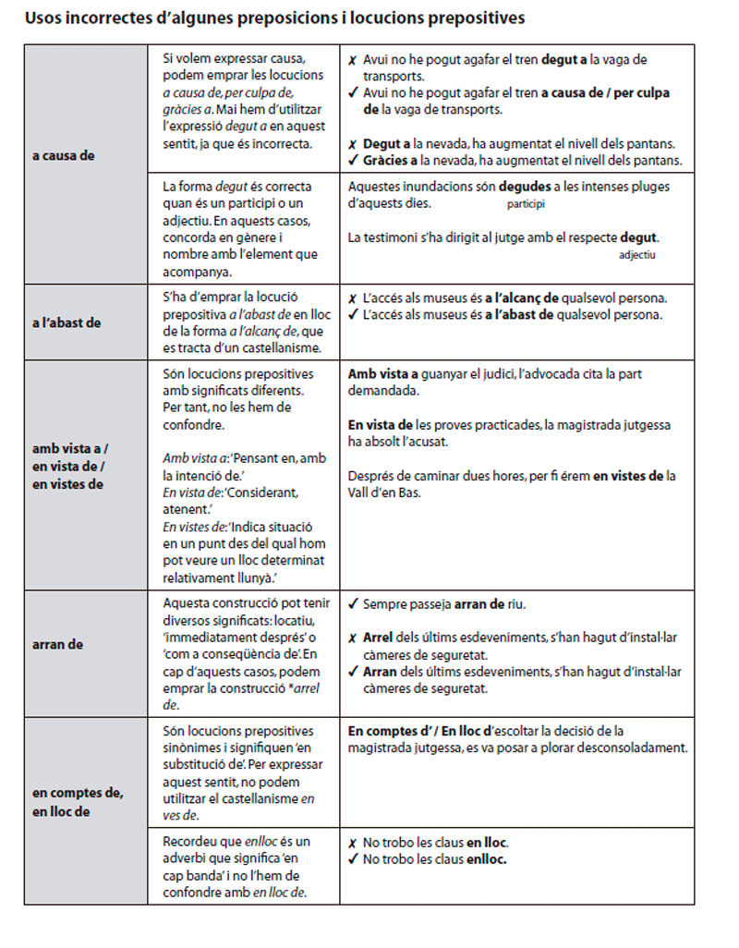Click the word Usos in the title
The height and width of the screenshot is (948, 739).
point(41,18)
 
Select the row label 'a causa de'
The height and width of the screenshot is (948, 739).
point(63,155)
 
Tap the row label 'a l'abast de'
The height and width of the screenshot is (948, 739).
point(67,322)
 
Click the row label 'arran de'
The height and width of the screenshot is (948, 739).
point(57,644)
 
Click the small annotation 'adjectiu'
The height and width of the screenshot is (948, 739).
point(636,255)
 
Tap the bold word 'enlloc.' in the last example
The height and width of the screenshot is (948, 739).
point(487,859)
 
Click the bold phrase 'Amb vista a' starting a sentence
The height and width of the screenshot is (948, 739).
point(382,374)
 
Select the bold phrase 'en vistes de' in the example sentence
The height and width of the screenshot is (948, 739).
point(628,477)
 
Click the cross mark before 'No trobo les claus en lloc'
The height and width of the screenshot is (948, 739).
point(353,844)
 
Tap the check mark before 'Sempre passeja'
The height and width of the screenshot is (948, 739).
point(353,605)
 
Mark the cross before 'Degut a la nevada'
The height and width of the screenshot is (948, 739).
point(353,145)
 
